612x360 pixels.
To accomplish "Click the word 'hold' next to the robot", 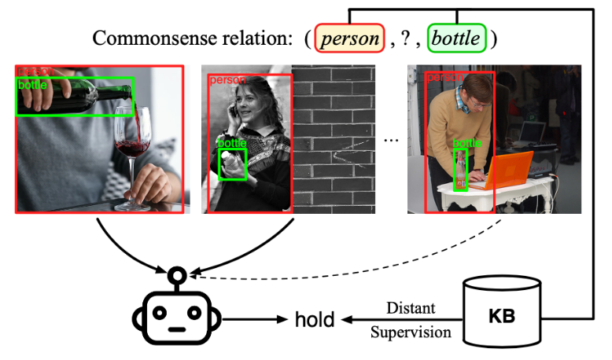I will click(x=315, y=320).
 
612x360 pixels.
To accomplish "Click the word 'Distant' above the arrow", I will click(x=410, y=307).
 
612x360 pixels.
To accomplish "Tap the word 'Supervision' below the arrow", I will click(x=411, y=332).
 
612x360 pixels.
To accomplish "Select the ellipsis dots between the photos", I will click(x=391, y=139).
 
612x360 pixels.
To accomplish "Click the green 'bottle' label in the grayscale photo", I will click(x=232, y=143).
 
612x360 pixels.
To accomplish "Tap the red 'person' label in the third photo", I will click(x=441, y=78).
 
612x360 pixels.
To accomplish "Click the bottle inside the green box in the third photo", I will click(x=461, y=171).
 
